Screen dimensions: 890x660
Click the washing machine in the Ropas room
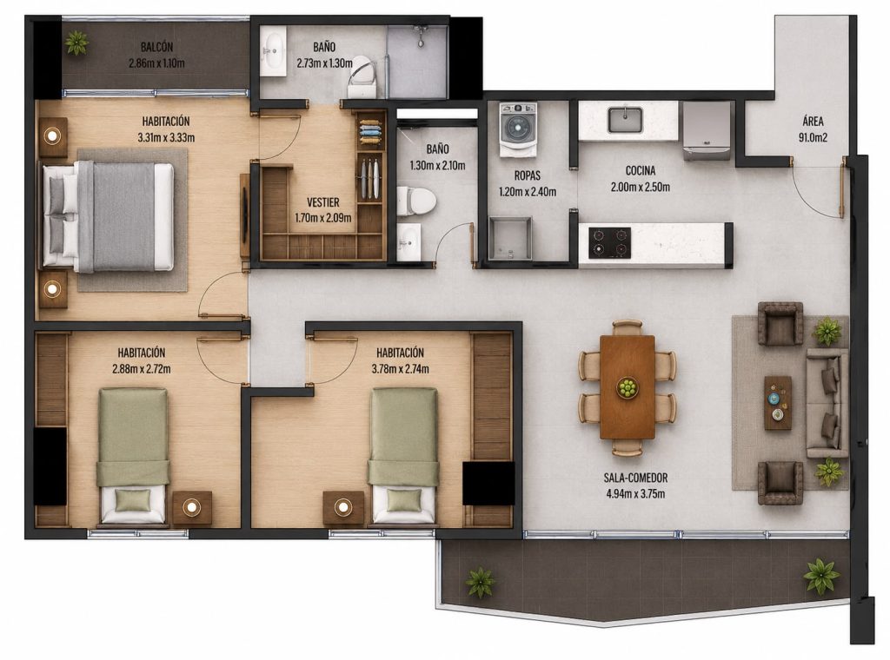tap(518, 129)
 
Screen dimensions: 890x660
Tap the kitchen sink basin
tap(625, 120)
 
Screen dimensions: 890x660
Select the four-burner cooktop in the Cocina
tap(609, 242)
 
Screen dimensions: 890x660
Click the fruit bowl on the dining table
tap(628, 388)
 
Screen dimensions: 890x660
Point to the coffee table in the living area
tap(778, 403)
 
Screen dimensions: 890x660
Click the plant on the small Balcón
tap(76, 42)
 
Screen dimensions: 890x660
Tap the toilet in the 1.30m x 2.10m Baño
tap(415, 201)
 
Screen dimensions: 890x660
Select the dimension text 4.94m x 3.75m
tap(635, 494)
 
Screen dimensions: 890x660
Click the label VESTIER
tap(323, 202)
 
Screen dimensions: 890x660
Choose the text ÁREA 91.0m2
tap(813, 129)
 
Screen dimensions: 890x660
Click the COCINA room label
tap(641, 171)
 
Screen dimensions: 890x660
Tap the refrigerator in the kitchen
tap(707, 130)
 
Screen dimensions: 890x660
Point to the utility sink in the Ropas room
tap(509, 238)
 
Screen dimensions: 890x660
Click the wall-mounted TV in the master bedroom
tap(244, 215)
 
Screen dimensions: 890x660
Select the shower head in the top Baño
tap(420, 34)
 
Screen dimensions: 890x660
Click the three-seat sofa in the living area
tap(827, 403)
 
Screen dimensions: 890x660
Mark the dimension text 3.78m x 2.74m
tap(400, 369)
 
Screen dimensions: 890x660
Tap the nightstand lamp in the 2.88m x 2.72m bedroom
tap(192, 507)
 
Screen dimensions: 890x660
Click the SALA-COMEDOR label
tap(635, 478)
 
